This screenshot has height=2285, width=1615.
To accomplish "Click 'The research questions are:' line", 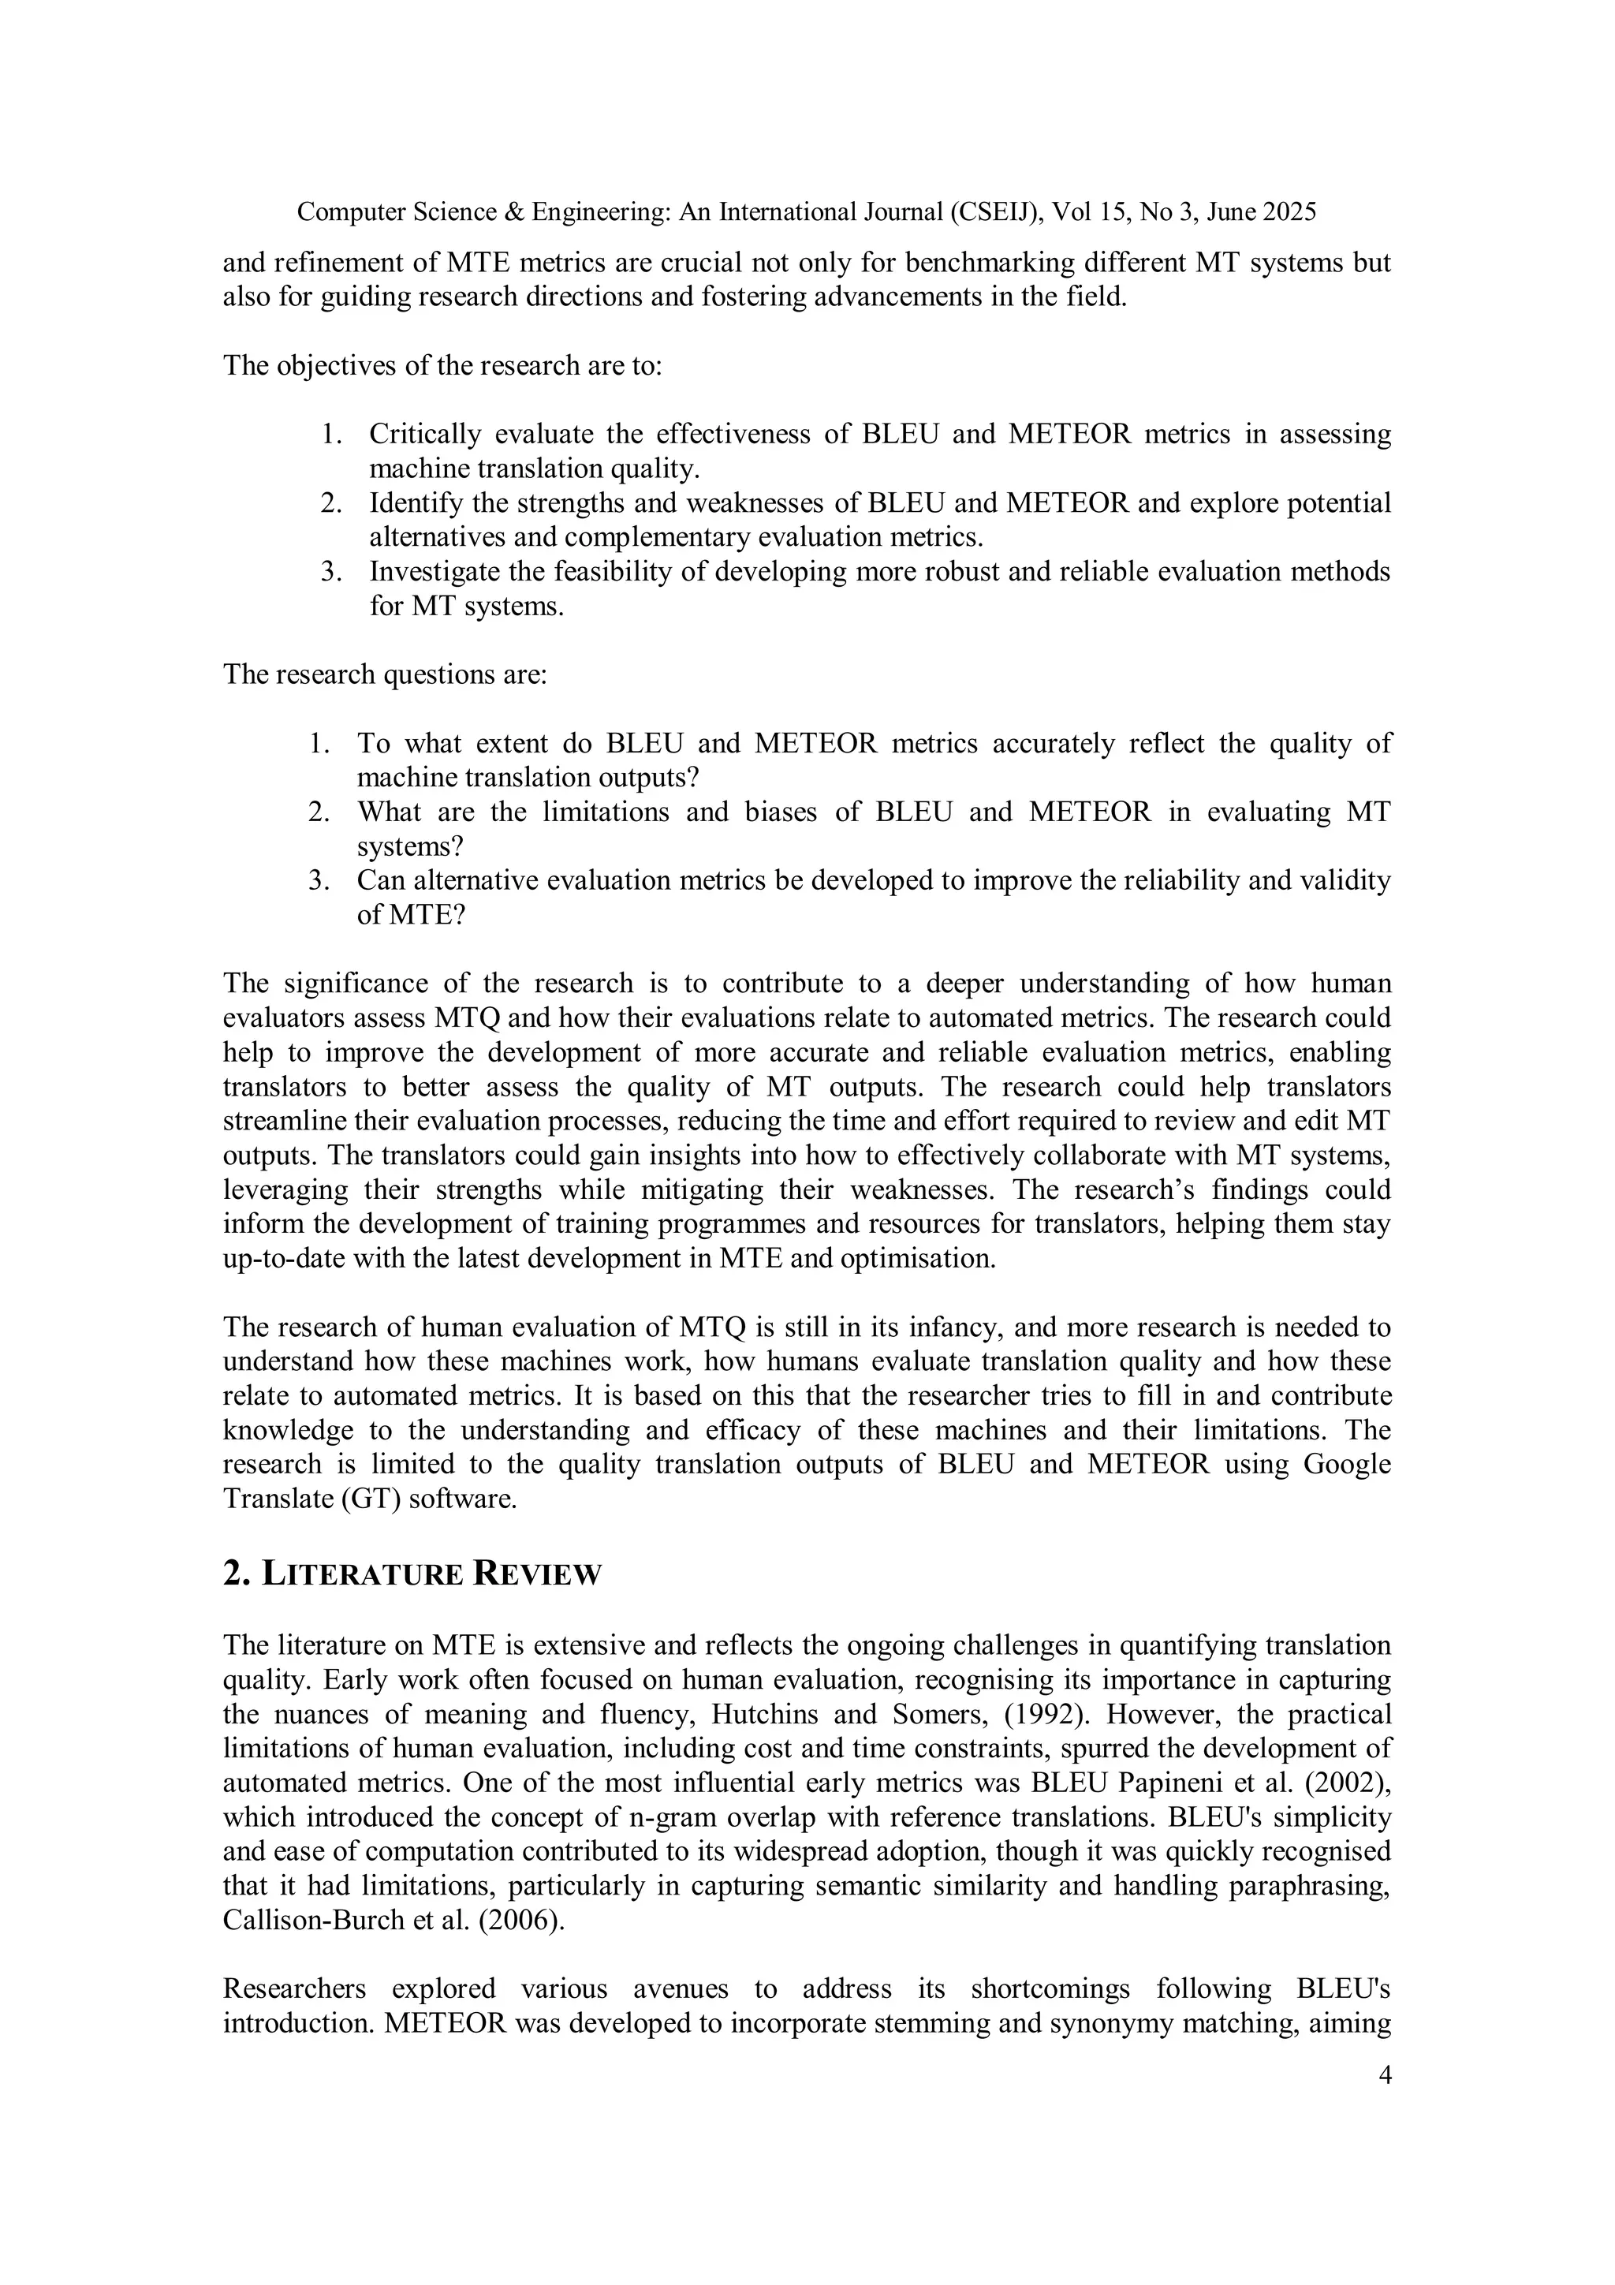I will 384,674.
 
